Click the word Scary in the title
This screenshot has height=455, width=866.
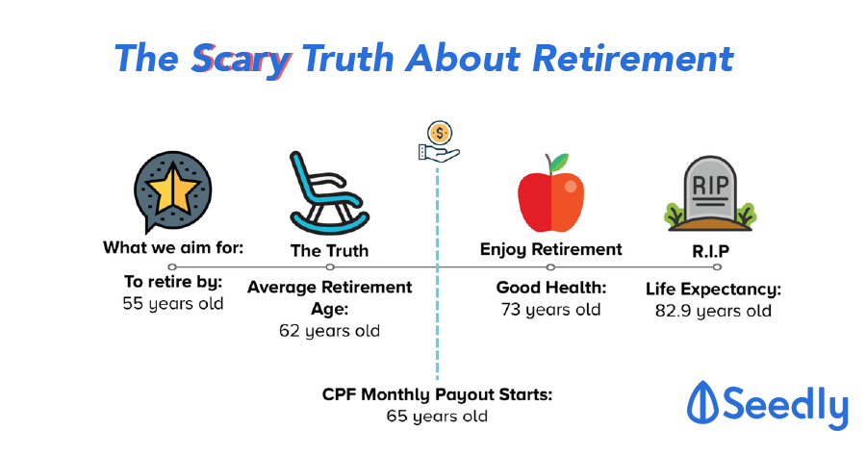click(241, 60)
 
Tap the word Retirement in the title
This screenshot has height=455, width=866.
click(633, 58)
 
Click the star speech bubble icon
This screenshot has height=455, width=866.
click(173, 191)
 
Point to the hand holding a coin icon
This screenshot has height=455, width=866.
click(439, 142)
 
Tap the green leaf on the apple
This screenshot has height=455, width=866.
click(559, 162)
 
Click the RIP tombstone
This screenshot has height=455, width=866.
click(710, 193)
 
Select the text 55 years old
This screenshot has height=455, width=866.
click(173, 304)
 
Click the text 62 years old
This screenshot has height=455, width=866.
click(329, 331)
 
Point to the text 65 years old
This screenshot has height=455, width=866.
click(437, 417)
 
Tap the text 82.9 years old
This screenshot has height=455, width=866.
click(713, 312)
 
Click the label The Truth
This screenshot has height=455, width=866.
click(329, 251)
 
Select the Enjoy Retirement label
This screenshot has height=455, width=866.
click(550, 249)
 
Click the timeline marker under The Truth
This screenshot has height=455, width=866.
click(330, 267)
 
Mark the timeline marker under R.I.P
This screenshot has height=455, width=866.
click(717, 267)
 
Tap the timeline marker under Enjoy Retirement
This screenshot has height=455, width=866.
click(550, 267)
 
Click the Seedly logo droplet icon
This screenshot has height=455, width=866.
click(702, 402)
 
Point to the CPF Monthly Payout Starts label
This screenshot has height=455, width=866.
click(437, 394)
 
